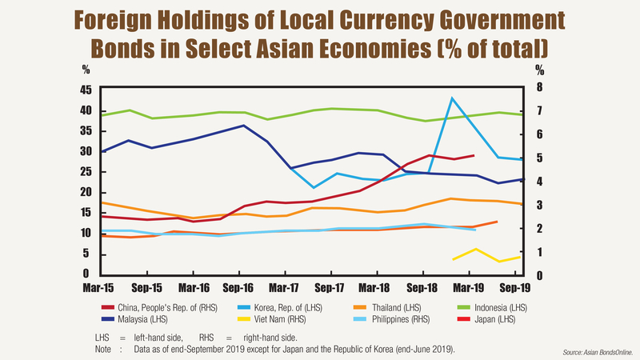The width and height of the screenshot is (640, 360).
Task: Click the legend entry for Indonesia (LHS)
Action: coord(492,307)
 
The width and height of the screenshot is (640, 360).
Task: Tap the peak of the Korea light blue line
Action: coord(453,98)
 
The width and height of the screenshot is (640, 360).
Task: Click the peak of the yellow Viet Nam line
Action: coord(477,249)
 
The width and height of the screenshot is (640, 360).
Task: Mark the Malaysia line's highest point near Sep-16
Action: coord(244,126)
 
